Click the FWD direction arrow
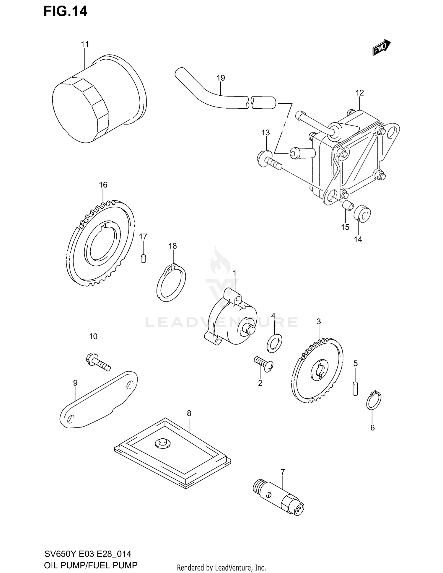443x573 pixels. pyautogui.click(x=381, y=48)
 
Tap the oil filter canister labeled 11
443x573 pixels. pyautogui.click(x=97, y=99)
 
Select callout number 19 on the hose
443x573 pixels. pyautogui.click(x=221, y=78)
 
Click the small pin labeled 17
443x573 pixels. pyautogui.click(x=143, y=259)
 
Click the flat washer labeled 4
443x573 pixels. pyautogui.click(x=274, y=344)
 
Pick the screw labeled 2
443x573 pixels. pyautogui.click(x=264, y=364)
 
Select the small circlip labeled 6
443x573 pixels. pyautogui.click(x=374, y=400)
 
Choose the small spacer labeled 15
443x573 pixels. pyautogui.click(x=347, y=205)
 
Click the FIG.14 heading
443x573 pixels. pyautogui.click(x=65, y=11)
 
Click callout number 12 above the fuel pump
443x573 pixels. pyautogui.click(x=359, y=93)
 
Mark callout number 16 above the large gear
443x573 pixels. pyautogui.click(x=103, y=185)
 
